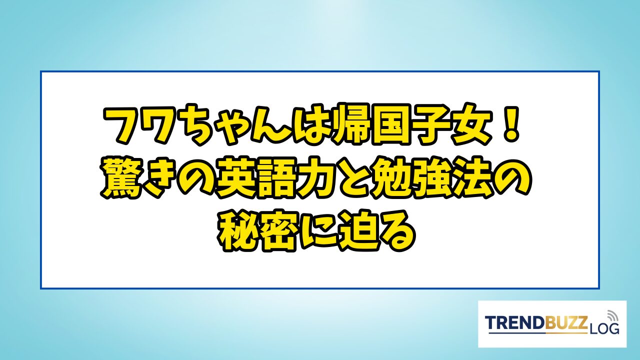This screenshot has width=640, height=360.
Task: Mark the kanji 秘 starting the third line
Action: (237, 232)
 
